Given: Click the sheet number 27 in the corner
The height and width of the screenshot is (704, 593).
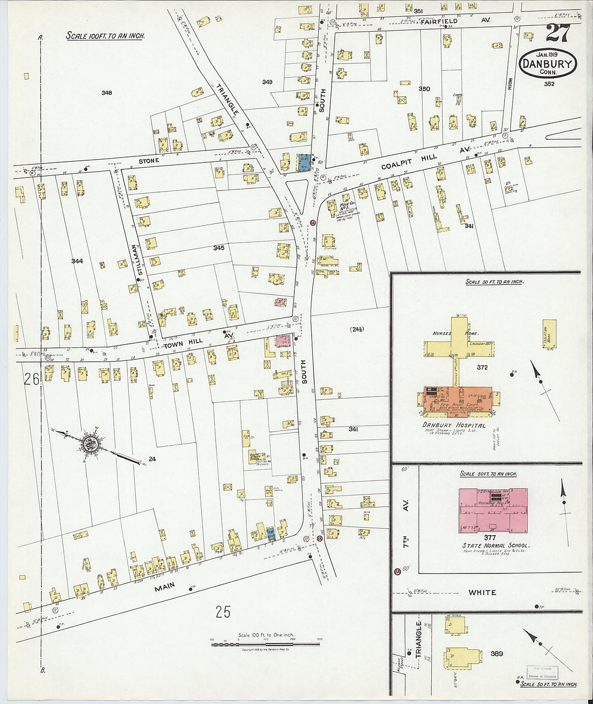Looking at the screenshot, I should [x=557, y=33].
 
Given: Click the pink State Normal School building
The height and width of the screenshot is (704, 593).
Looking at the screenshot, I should [x=493, y=510].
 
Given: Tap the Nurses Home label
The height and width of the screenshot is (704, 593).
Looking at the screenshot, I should [x=456, y=333].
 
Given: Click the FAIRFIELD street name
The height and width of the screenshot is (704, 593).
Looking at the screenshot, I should [x=439, y=22].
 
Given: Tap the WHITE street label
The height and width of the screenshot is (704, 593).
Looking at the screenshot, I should [x=482, y=592].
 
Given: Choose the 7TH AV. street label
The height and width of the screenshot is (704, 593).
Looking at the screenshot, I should [x=405, y=523].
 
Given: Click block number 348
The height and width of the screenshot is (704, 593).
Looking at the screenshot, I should [x=107, y=93].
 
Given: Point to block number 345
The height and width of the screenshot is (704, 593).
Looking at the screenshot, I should [x=218, y=248].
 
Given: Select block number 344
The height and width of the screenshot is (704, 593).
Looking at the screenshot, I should [x=77, y=261].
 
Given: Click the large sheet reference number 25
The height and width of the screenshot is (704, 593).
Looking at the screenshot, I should [x=223, y=612].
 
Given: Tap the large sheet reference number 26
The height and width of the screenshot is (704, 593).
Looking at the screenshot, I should [x=31, y=379].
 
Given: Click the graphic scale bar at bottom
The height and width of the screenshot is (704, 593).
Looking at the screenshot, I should [x=265, y=644].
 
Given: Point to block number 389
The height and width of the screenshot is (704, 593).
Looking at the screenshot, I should [x=497, y=653].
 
